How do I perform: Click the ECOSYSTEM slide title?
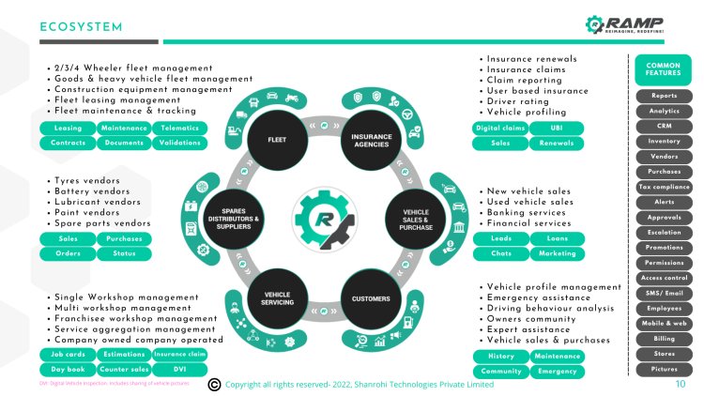(82, 27)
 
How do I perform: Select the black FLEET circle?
(277, 141)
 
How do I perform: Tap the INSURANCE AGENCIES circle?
(372, 141)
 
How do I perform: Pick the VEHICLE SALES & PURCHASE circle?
(417, 220)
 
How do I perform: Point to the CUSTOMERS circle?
(371, 298)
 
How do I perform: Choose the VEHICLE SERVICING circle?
(277, 298)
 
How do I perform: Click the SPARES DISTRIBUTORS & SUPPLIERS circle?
(232, 220)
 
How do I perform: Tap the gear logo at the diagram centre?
(324, 220)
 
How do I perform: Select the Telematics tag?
(178, 128)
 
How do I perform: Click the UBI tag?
(556, 128)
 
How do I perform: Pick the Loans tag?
(556, 238)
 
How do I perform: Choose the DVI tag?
(178, 370)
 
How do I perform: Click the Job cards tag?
(67, 355)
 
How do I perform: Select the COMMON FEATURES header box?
(664, 69)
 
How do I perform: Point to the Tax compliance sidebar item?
(664, 187)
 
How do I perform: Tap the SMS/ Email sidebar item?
(664, 293)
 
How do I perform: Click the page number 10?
(680, 384)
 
